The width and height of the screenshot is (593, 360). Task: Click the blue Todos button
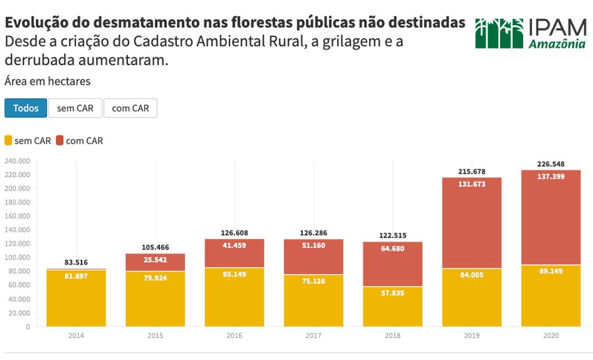click(26, 108)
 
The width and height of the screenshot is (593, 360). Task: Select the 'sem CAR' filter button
click(75, 108)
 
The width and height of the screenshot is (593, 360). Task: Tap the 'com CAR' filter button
click(130, 108)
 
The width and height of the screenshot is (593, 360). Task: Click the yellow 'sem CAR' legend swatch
click(8, 140)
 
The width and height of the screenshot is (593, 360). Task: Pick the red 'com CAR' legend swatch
click(60, 140)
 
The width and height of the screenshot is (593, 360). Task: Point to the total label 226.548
click(551, 164)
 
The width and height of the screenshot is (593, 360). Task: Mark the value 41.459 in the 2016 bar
click(234, 245)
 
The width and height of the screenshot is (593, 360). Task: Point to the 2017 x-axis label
click(314, 335)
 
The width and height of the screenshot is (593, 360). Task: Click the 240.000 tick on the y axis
click(17, 161)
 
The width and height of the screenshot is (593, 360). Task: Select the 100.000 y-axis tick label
click(17, 257)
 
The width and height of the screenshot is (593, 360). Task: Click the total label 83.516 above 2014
click(76, 262)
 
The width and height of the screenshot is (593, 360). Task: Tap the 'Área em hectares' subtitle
click(47, 81)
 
